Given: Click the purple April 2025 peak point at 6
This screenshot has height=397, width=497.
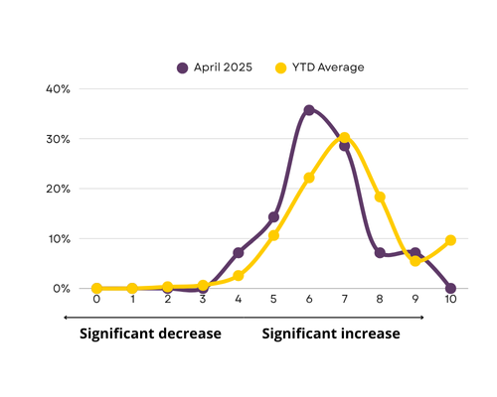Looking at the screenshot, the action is (309, 110).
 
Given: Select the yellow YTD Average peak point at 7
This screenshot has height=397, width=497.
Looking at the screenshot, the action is (344, 137).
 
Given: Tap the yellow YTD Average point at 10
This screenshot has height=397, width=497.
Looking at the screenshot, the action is (450, 240).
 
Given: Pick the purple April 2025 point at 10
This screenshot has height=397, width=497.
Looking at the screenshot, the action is (450, 288).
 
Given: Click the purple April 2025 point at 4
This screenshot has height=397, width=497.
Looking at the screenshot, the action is (239, 253).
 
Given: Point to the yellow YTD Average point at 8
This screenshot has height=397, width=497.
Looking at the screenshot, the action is (380, 197).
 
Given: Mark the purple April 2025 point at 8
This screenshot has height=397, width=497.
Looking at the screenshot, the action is (380, 253).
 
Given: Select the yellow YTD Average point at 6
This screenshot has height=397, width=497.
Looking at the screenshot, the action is (309, 178).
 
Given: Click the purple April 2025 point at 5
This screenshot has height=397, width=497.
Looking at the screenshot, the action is (273, 217).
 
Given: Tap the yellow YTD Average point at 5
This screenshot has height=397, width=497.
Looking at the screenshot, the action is (273, 235).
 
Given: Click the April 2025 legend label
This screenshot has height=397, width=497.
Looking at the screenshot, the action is (223, 67).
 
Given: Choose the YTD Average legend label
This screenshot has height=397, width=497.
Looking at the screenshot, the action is (328, 67).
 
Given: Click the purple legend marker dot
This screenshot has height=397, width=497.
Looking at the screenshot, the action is (182, 67).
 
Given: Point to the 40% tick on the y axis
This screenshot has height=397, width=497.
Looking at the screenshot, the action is (58, 89).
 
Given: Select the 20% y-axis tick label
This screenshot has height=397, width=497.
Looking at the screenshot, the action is (58, 189).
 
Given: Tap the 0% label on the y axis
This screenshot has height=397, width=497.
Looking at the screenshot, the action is (62, 289).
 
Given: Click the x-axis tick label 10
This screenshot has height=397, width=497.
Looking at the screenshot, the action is (450, 299).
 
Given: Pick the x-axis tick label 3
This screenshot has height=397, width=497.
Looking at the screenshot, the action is (203, 299).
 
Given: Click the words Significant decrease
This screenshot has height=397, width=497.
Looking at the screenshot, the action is (150, 333).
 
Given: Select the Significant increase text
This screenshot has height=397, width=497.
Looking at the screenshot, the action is (331, 333).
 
